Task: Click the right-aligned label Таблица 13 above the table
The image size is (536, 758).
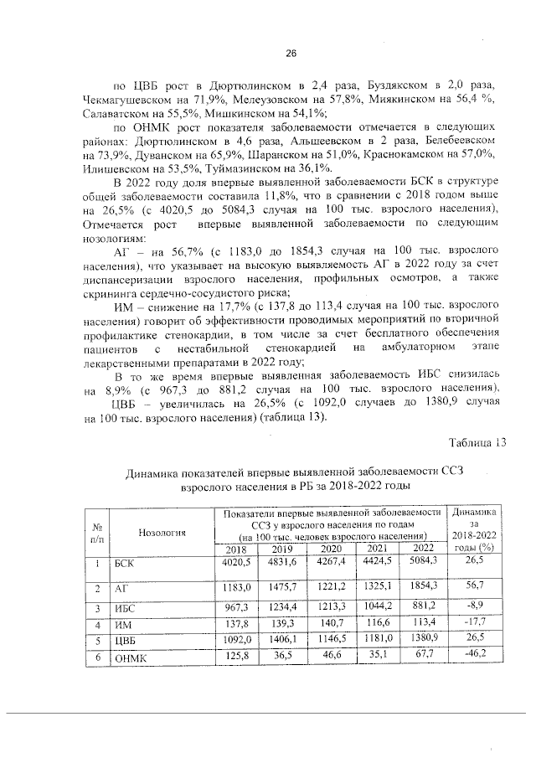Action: [x=477, y=442]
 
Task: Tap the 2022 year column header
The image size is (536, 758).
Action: [x=424, y=549]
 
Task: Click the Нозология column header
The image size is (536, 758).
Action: [x=162, y=531]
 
